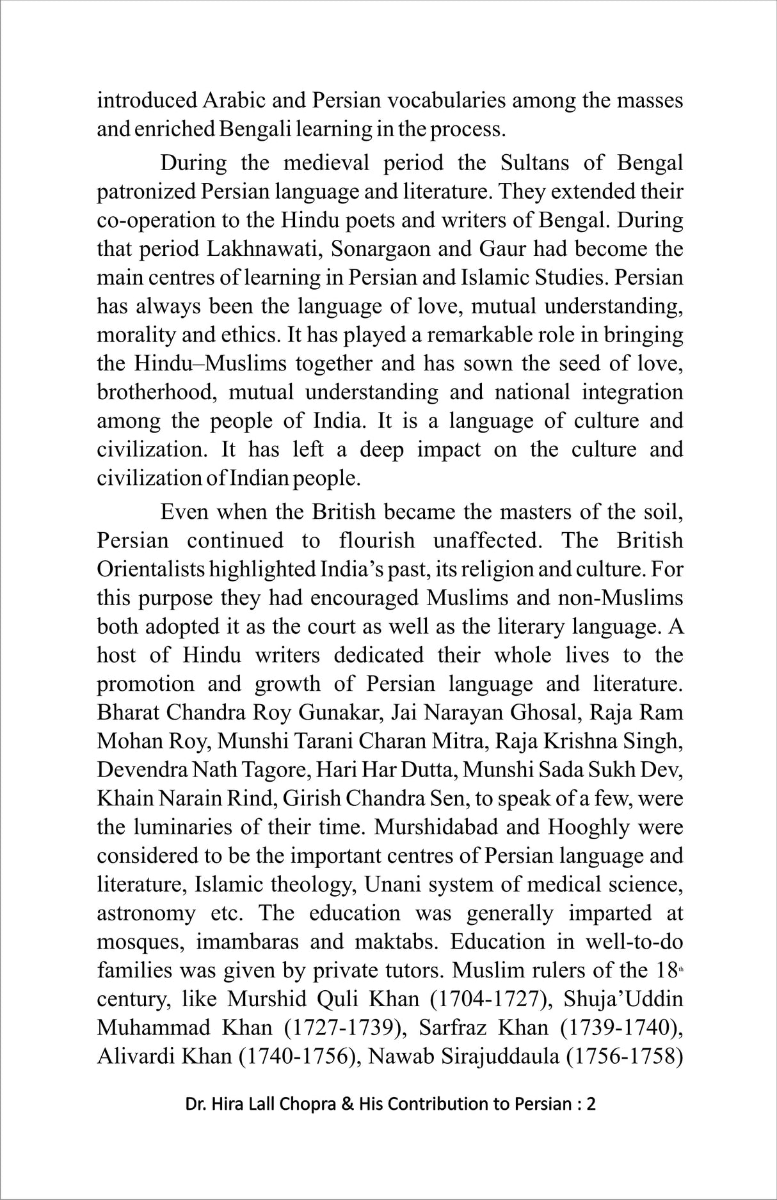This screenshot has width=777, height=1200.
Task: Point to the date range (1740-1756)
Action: coord(293,1057)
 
